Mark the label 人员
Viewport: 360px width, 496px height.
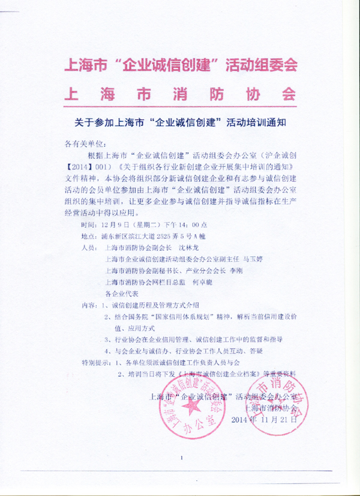coord(88,247)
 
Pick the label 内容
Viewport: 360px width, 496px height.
coord(88,305)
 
